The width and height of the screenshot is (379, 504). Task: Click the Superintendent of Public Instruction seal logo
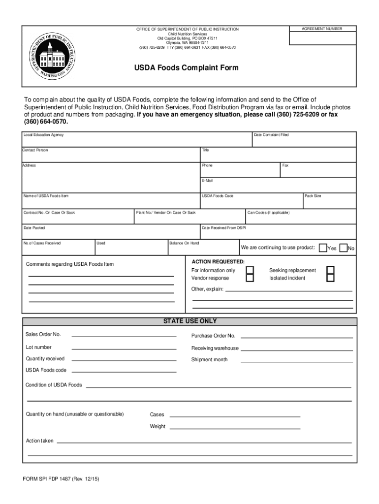pos(52,55)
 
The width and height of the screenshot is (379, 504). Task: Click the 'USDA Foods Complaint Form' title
pos(187,68)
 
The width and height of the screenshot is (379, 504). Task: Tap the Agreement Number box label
pos(322,29)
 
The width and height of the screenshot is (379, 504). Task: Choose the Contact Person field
pos(110,155)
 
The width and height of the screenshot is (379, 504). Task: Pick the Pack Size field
pos(329,201)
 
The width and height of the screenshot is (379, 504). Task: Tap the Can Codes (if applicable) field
pos(300,217)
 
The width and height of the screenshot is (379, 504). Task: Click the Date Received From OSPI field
pos(278,232)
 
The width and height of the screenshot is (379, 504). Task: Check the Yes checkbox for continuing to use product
pos(323,248)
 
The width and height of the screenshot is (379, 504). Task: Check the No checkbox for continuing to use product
pos(344,248)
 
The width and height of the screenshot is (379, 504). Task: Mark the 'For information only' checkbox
pos(250,270)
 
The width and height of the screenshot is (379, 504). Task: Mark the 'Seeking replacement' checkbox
pos(331,270)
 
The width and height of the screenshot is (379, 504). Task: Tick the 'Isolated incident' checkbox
pos(331,278)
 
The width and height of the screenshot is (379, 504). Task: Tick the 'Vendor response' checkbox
pos(250,278)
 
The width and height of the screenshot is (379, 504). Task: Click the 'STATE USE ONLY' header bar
pos(189,321)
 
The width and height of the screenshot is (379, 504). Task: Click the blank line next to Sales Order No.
pos(124,336)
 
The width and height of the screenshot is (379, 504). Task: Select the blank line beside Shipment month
pos(296,360)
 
